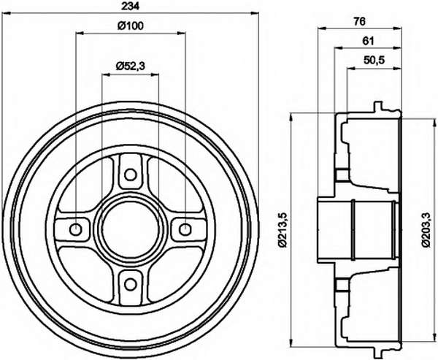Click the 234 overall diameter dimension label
coord(130,6)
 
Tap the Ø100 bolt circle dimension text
coord(130,26)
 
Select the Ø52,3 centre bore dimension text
coord(131,66)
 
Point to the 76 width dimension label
coord(359,21)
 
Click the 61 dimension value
coord(368,42)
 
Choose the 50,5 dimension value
coord(374,60)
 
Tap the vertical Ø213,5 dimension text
coord(283,230)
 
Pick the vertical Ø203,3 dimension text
coord(426,229)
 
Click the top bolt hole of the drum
coord(130,175)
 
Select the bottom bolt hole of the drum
coord(130,285)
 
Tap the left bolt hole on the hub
coord(75,230)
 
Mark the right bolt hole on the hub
coord(185,230)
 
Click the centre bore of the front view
coord(130,230)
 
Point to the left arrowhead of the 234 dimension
coord(6,13)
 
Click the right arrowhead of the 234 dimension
coord(255,13)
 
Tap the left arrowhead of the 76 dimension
coord(322,28)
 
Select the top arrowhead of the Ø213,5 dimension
coord(292,117)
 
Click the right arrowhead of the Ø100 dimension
coord(181,34)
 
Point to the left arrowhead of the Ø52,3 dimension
coord(106,74)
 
